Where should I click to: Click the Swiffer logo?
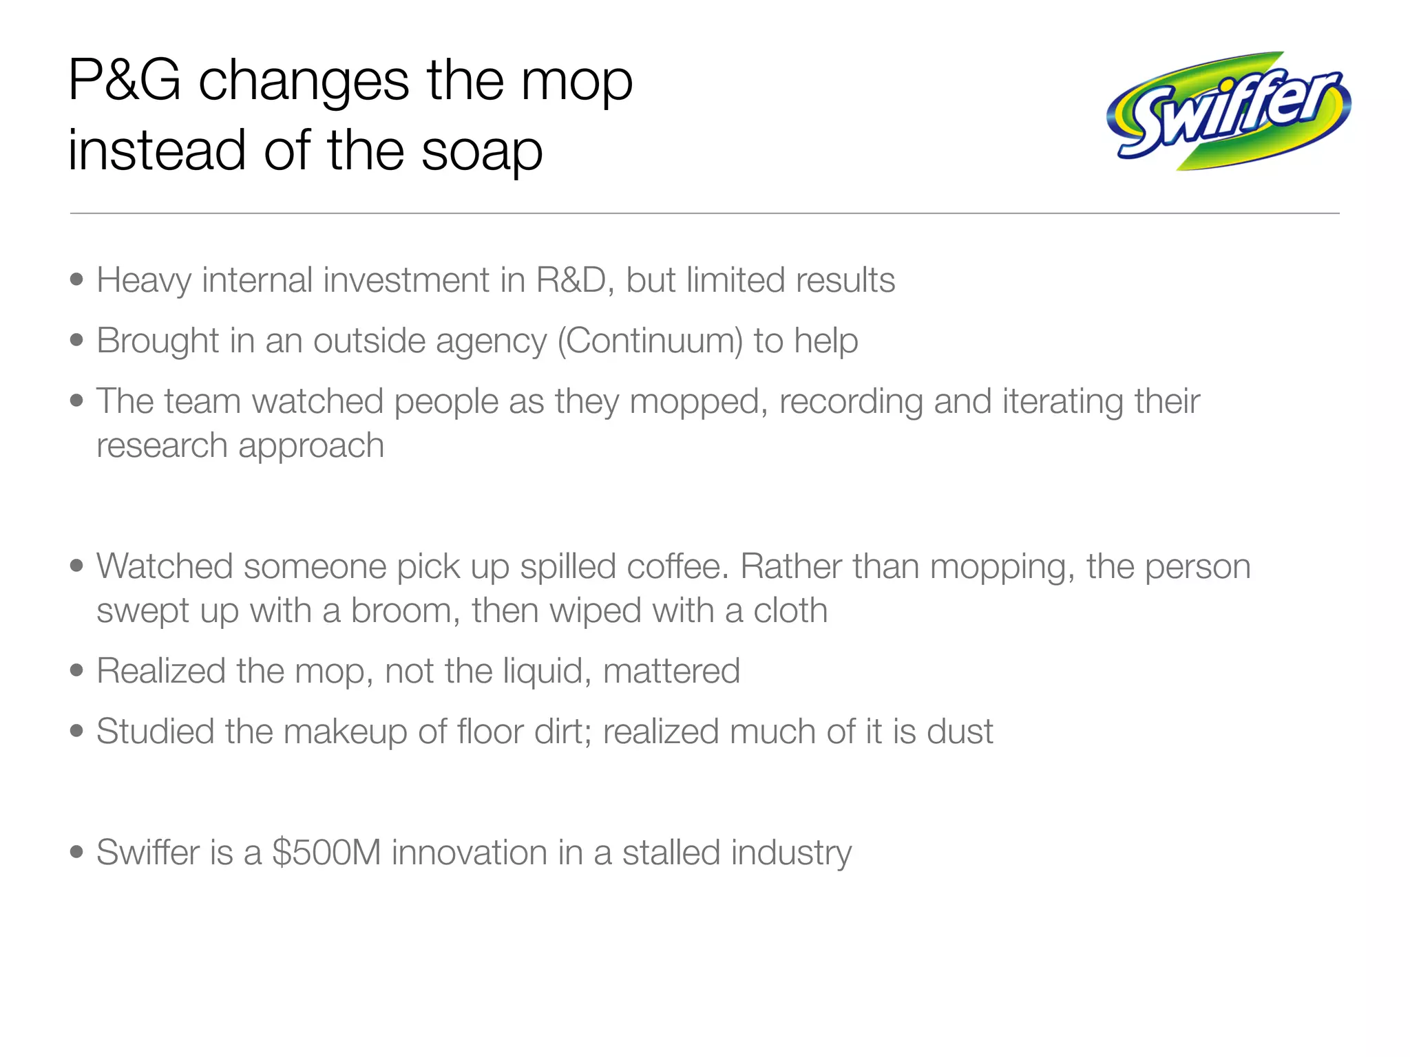[x=1228, y=111]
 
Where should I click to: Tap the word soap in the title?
[x=481, y=151]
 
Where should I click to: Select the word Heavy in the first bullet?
[x=144, y=281]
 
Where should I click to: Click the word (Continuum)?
[x=649, y=341]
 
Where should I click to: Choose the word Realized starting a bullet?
[x=161, y=672]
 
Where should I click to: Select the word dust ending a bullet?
[x=960, y=732]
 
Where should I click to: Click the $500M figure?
[x=326, y=853]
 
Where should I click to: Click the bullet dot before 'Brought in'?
[x=77, y=340]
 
